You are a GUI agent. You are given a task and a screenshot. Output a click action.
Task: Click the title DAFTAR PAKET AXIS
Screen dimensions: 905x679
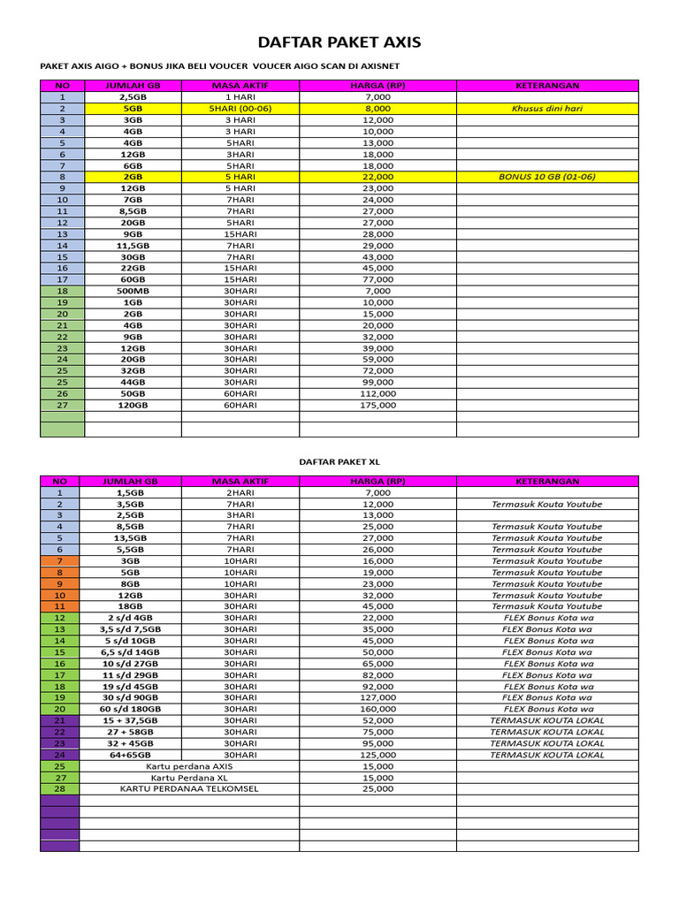339,42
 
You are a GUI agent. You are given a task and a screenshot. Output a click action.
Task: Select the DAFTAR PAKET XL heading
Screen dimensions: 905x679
339,461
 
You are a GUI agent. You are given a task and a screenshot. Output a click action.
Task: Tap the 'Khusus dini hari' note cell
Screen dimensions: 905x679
546,109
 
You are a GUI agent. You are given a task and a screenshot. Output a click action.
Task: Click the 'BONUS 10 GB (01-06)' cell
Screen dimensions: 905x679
546,177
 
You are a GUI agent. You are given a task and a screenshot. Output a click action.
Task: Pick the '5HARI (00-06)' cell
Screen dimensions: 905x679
240,109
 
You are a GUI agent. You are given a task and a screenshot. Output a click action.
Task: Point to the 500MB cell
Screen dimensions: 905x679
133,291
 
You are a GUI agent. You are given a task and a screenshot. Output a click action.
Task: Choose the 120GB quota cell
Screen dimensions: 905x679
133,405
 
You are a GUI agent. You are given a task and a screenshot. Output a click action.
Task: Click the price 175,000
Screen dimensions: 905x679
377,405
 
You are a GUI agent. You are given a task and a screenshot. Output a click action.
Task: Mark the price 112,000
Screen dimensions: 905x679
377,393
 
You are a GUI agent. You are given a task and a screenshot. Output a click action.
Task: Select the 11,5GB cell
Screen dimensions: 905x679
133,245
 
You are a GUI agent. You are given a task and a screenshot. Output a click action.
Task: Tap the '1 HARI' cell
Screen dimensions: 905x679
240,97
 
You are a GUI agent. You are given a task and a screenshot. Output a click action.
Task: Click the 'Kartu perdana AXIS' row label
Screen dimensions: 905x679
189,766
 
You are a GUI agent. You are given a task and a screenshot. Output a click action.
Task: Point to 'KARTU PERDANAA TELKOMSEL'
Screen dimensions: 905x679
189,788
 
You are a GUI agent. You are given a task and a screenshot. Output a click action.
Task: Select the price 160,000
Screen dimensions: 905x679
377,709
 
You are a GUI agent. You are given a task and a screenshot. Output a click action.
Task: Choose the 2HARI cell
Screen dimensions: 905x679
240,492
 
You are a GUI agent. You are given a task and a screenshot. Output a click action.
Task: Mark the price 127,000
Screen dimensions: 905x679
377,697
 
